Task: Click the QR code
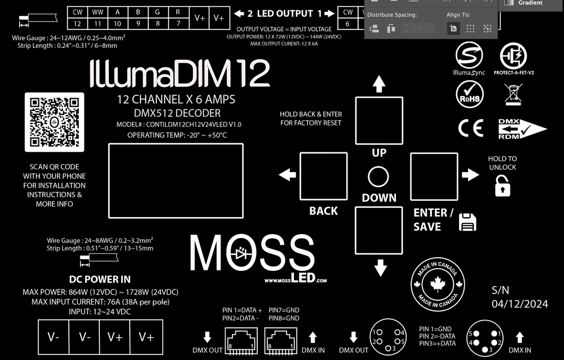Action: (x=54, y=122)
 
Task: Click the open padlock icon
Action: (x=502, y=186)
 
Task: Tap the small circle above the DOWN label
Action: (x=378, y=177)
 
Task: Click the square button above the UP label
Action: (x=379, y=121)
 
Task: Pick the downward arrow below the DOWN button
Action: (x=380, y=267)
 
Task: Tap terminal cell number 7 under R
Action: (x=178, y=23)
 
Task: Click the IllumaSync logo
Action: (x=469, y=58)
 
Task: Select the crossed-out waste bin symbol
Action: (x=513, y=94)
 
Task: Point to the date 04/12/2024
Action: (x=519, y=304)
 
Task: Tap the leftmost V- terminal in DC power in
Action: (x=54, y=337)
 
